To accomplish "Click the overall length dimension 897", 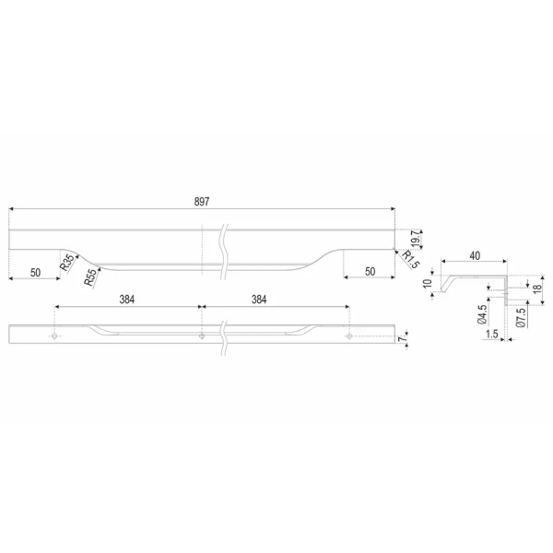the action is (202, 201).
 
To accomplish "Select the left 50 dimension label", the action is (35, 273).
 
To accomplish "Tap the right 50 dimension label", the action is (370, 272).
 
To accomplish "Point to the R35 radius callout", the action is (67, 263).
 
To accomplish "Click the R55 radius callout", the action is (90, 277).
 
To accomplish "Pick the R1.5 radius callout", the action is (410, 259).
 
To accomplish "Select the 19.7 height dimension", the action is (416, 239).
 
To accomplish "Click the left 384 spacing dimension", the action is (127, 300).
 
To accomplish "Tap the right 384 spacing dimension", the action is (259, 300).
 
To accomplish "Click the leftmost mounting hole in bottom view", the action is (54, 336).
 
